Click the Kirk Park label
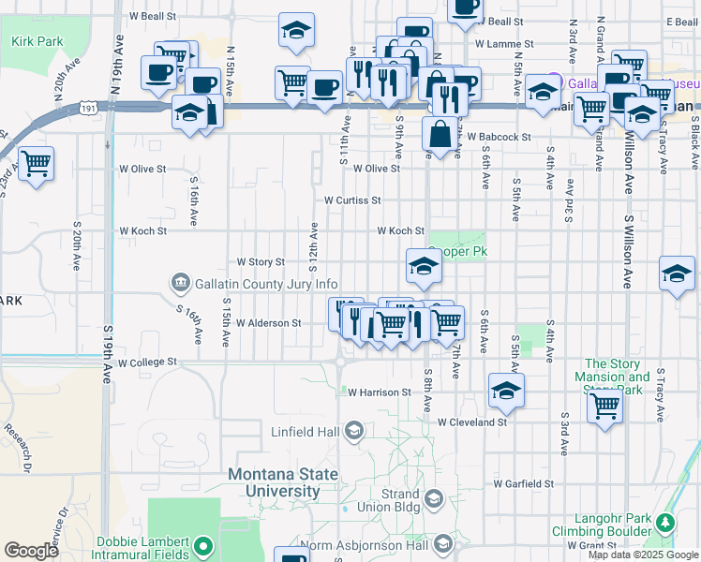[x=38, y=41]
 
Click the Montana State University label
[x=283, y=482]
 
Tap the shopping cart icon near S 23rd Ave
[x=37, y=165]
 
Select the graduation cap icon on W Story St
[x=423, y=267]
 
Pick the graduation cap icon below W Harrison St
[x=505, y=390]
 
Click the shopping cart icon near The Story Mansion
[x=605, y=407]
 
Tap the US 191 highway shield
[x=88, y=109]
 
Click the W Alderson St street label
[x=268, y=323]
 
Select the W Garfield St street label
[x=524, y=484]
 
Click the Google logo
[x=32, y=551]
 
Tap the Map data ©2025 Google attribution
[x=641, y=555]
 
